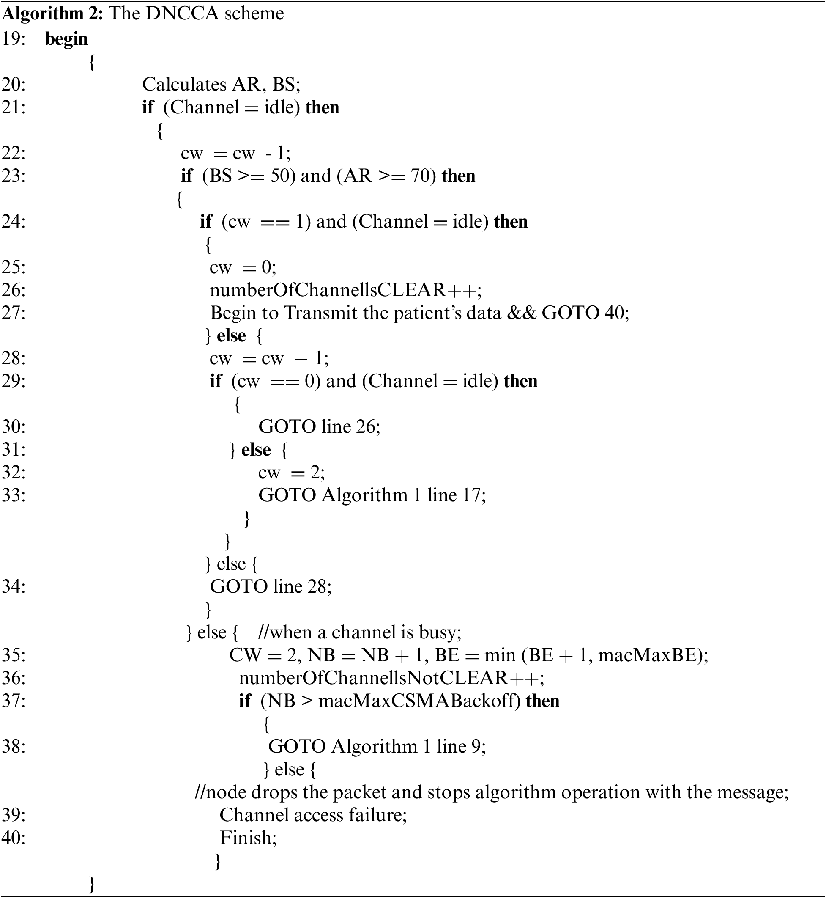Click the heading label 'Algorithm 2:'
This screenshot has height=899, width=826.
pos(53,14)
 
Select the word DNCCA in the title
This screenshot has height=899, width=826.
pos(182,14)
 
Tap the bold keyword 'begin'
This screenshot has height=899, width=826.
pos(67,39)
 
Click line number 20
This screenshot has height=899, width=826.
pos(14,85)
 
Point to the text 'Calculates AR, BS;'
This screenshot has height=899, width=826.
pos(221,85)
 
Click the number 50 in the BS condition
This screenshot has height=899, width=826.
pos(281,176)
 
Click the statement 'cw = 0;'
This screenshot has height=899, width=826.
pos(243,267)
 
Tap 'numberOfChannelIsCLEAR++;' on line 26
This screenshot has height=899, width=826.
pos(345,290)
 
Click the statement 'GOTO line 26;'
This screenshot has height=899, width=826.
pos(319,427)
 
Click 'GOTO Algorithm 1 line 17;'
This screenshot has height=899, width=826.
pos(372,495)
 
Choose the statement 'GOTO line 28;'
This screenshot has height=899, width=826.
pos(271,586)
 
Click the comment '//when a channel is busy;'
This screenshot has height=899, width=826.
pos(360,632)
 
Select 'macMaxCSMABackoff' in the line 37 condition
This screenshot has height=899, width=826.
pos(419,701)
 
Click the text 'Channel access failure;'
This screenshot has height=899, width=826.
pos(313,815)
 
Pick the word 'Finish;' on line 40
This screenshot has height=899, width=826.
pos(249,838)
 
